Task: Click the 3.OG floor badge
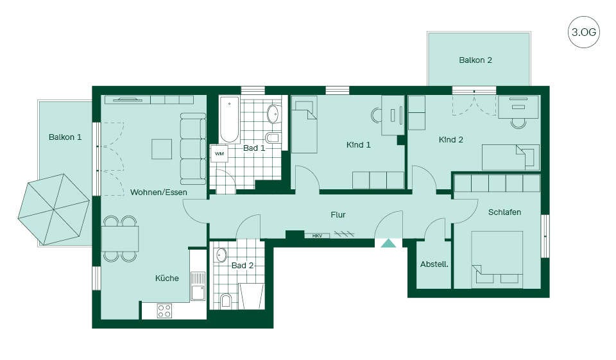tap(583, 32)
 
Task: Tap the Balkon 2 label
tap(475, 60)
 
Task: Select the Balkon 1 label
tap(65, 137)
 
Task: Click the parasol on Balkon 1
tap(53, 209)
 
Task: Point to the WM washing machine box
tap(219, 153)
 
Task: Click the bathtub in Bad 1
tap(230, 119)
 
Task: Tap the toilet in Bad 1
tap(272, 138)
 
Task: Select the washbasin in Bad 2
tap(221, 255)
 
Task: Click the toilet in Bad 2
tap(226, 301)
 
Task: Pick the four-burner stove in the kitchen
tap(164, 311)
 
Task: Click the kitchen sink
tap(198, 286)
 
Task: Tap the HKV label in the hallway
tap(317, 236)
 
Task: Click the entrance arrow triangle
tap(389, 243)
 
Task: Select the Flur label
tap(338, 215)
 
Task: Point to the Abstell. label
tap(434, 264)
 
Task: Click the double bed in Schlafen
tap(497, 259)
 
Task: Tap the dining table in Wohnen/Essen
tap(120, 239)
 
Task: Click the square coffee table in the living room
tap(162, 149)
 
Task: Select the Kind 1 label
tap(358, 145)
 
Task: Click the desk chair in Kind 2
tap(518, 123)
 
